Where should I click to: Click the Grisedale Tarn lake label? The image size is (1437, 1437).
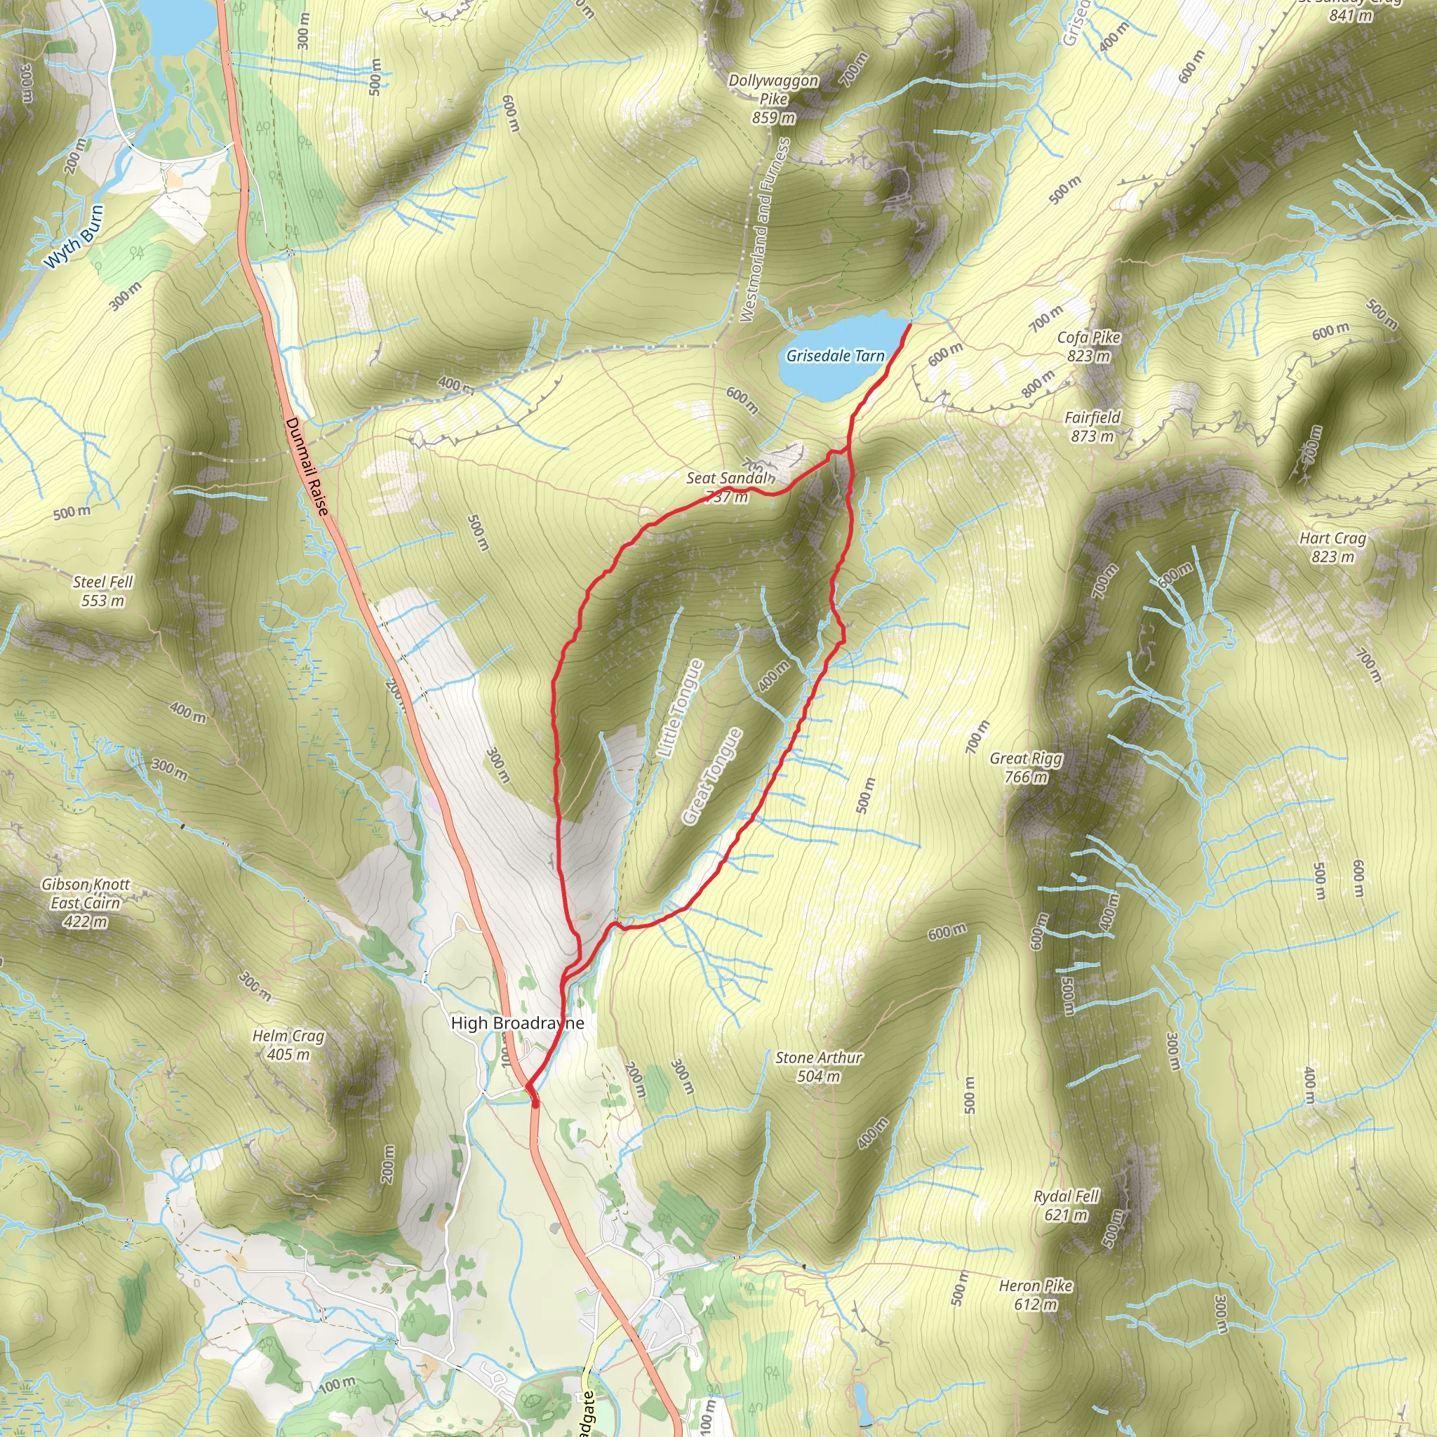tap(834, 356)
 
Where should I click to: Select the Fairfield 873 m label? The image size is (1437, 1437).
tap(1092, 427)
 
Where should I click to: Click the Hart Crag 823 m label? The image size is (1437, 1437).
tap(1332, 547)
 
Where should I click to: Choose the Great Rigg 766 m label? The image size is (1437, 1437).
tap(1026, 768)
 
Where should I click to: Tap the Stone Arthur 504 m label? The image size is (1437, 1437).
tap(818, 1067)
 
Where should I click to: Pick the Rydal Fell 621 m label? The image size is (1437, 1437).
tap(1066, 1205)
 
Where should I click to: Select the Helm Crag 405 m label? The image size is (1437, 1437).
tap(288, 1045)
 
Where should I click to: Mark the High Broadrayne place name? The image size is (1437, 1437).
tap(517, 1024)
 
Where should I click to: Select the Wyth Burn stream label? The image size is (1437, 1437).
tap(74, 236)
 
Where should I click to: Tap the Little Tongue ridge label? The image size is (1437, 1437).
tap(680, 709)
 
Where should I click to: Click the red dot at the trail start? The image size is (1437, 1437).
tap(535, 1103)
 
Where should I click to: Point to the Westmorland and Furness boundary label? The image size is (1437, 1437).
tap(764, 231)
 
